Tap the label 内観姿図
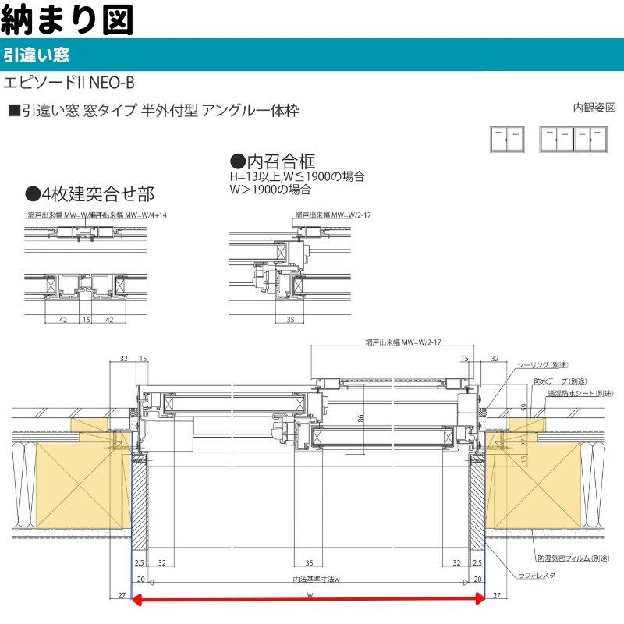pos(594,107)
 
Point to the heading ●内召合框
pos(272,161)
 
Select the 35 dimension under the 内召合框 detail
pos(289,319)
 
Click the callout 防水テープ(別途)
pos(559,381)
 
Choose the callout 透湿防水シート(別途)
pos(579,394)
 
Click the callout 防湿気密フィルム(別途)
pos(572,558)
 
